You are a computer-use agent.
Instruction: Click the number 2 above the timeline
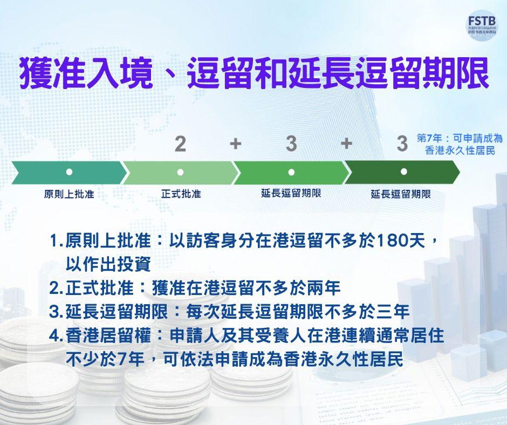(x=180, y=144)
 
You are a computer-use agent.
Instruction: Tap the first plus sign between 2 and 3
(x=235, y=144)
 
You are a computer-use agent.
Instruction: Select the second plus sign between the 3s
(x=346, y=144)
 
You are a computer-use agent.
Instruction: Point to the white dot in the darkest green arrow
(x=403, y=172)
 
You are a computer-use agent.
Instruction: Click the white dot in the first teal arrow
(x=69, y=172)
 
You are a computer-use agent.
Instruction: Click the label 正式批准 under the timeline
(x=181, y=194)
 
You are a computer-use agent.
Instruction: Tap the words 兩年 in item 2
(x=326, y=288)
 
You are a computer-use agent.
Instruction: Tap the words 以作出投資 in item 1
(x=107, y=264)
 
